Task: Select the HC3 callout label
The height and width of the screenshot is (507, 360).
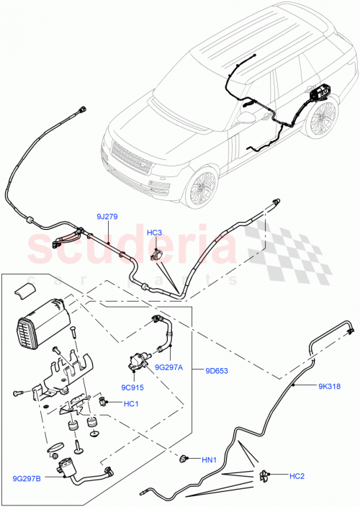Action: [x=155, y=233]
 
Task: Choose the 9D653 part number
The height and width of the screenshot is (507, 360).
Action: [x=217, y=372]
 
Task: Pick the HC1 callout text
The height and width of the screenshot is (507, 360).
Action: [x=130, y=404]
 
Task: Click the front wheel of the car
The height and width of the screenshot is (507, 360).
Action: [x=200, y=189]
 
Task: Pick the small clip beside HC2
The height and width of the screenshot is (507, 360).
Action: [x=266, y=474]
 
